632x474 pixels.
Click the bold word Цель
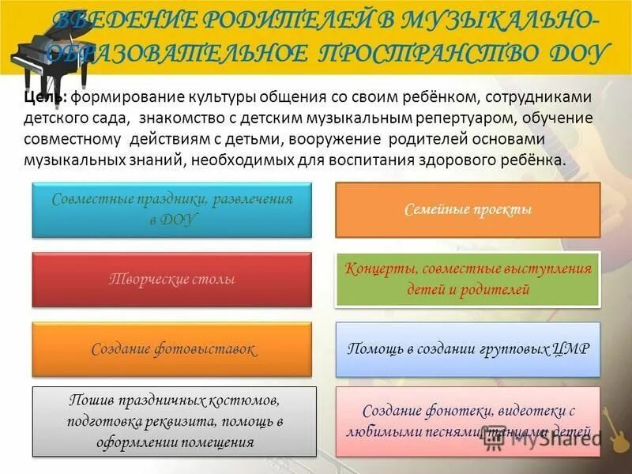41,96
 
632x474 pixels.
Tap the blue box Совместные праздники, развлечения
171,209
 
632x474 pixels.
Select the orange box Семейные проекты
468,210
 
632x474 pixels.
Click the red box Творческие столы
171,280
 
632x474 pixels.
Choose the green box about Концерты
468,280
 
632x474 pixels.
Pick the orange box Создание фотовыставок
171,349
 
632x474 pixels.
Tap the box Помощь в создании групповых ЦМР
468,349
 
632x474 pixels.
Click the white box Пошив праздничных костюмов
174,421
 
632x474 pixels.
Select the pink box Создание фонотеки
468,421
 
